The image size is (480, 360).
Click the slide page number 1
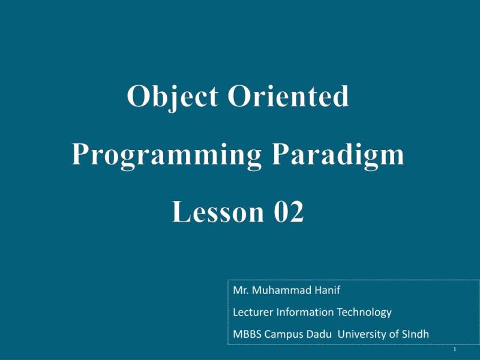click(455, 349)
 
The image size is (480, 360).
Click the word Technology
click(363, 312)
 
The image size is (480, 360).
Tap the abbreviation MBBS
click(245, 334)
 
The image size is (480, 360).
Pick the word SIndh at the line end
click(414, 334)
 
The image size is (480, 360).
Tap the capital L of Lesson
click(179, 212)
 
